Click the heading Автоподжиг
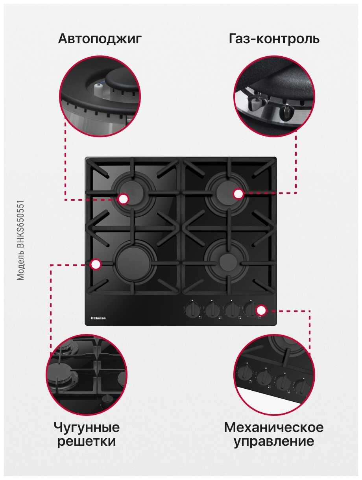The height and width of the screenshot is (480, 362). [x=100, y=39]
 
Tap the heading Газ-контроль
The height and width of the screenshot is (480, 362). [x=274, y=39]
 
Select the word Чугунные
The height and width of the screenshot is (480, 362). [x=87, y=428]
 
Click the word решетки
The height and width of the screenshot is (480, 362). [x=87, y=441]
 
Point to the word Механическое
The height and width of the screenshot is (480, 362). [x=274, y=427]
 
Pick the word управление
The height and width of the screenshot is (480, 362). [x=274, y=442]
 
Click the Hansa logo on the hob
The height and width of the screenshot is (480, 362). [x=98, y=318]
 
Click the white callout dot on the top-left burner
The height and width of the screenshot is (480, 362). [x=123, y=199]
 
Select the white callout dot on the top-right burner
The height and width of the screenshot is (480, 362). [x=238, y=194]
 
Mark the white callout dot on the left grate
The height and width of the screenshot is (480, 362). [x=95, y=264]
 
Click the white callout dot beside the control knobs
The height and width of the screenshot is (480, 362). [x=261, y=310]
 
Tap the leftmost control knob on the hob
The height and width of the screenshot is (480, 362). [x=192, y=310]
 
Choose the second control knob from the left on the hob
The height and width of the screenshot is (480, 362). [x=212, y=310]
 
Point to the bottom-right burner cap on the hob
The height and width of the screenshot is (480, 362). [x=227, y=261]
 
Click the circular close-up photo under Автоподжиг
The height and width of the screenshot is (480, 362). [x=100, y=96]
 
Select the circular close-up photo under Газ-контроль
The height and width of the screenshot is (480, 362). [x=274, y=96]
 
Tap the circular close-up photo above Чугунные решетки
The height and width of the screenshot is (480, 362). [x=87, y=375]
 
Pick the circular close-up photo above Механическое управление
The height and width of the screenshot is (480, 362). [x=274, y=375]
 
